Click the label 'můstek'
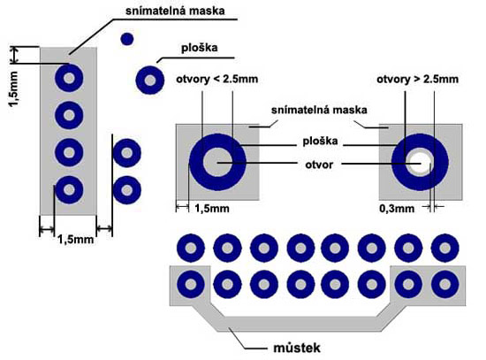click(297, 348)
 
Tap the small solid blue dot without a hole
click(126, 39)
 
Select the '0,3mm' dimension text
click(397, 209)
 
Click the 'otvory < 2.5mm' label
click(217, 79)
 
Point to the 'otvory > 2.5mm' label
click(417, 79)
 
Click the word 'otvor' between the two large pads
click(319, 165)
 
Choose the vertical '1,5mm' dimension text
click(14, 89)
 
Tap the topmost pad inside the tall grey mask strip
click(69, 78)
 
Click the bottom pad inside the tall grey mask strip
click(69, 189)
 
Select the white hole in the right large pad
click(421, 163)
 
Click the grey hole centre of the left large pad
click(217, 163)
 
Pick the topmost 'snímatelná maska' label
click(175, 11)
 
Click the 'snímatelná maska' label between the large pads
click(319, 111)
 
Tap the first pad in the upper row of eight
click(191, 248)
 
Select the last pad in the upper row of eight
click(445, 248)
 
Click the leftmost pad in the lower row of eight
click(191, 284)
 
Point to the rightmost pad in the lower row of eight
click(445, 284)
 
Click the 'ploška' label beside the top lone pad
click(200, 48)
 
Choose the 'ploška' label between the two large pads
click(320, 142)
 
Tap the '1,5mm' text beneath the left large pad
click(212, 209)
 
